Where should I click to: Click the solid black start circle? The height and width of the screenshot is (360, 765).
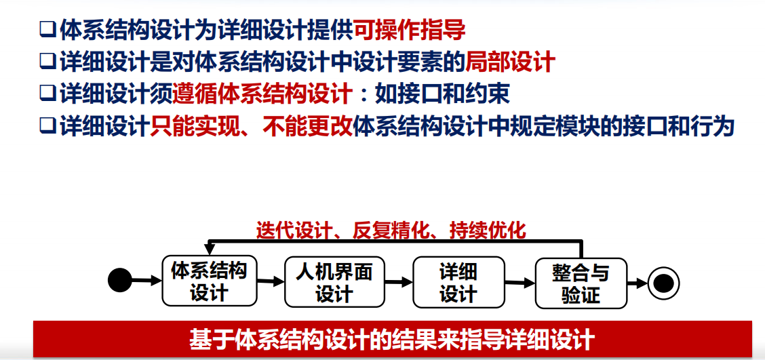coord(120,280)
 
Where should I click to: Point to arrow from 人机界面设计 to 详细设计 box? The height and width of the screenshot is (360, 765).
coord(399,281)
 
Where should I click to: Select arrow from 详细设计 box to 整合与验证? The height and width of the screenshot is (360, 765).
coord(519,281)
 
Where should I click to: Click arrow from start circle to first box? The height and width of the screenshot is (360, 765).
coord(146,279)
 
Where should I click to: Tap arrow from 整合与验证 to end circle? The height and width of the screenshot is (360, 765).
coord(637,281)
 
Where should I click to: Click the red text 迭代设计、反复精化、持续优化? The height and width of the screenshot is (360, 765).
coord(391,231)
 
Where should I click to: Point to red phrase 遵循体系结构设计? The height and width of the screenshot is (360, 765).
coord(262,94)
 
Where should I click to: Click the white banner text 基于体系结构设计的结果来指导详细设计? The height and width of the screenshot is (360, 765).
coord(392,338)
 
